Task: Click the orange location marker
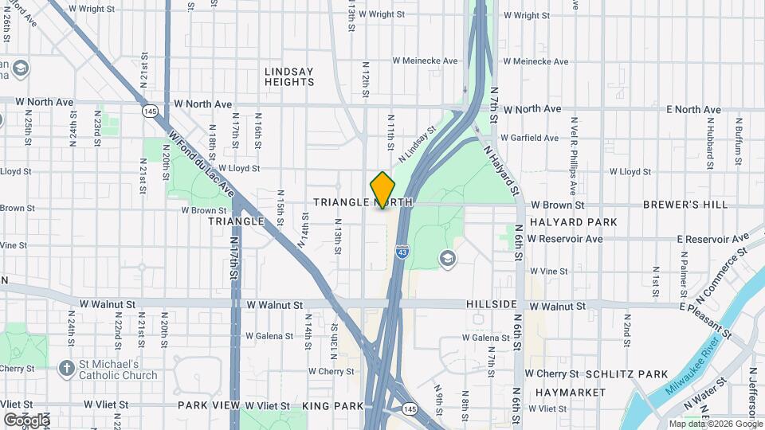383,190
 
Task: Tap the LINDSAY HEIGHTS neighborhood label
289,76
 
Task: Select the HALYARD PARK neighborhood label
573,222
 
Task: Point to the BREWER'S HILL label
697,205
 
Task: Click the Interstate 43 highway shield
403,252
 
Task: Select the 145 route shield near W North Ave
150,111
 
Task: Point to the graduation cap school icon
447,258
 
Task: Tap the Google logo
26,420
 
